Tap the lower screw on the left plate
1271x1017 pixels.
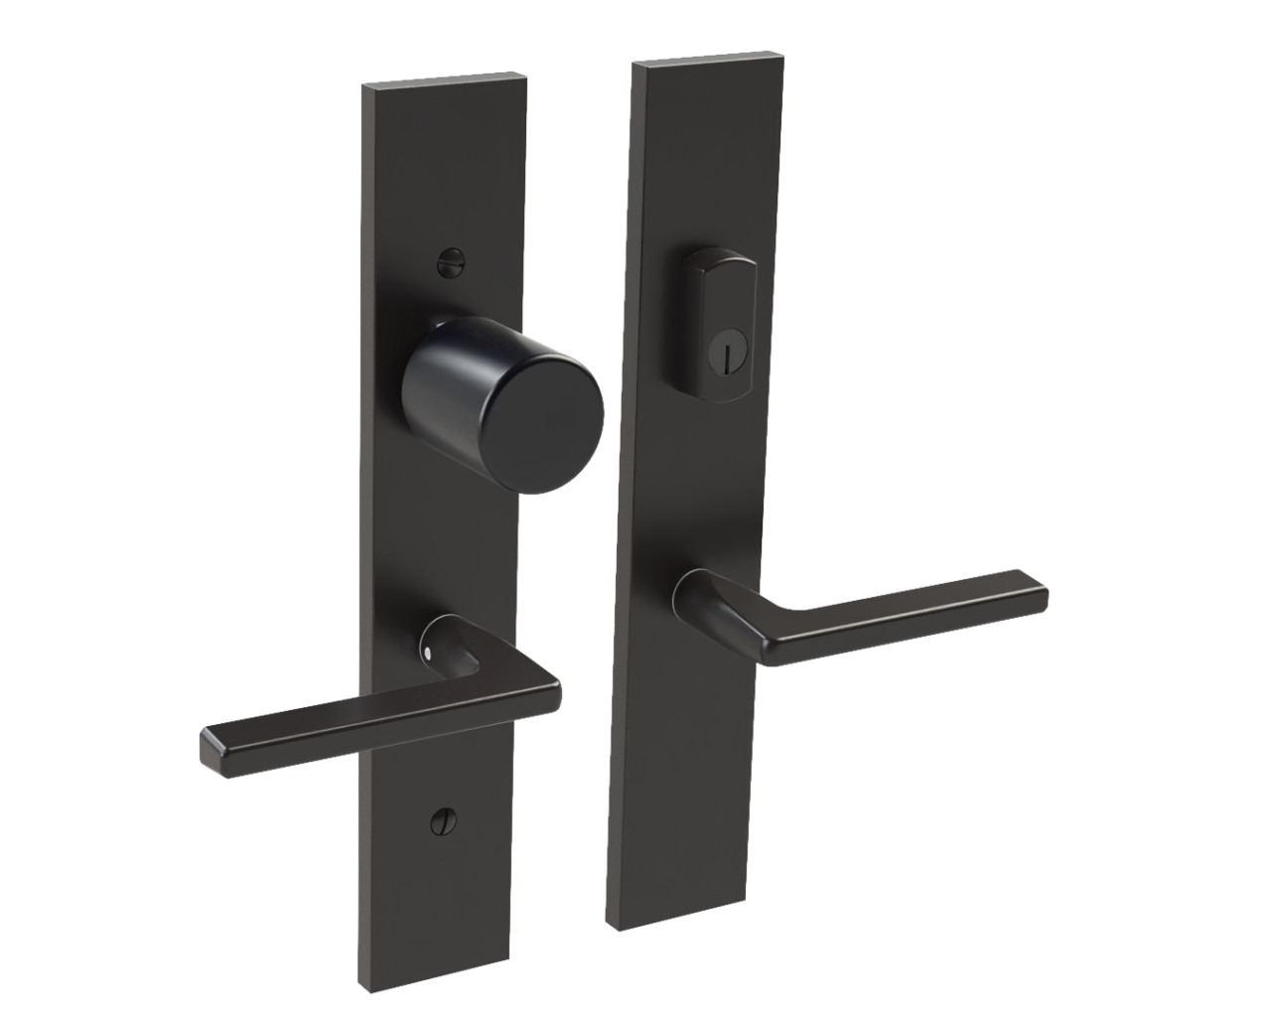(438, 821)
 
